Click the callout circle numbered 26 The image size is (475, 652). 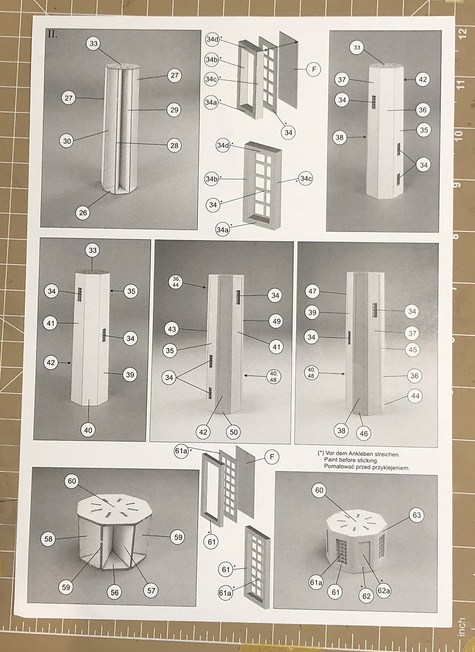click(x=83, y=213)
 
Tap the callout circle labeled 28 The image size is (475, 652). click(x=174, y=145)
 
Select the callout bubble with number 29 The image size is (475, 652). click(x=174, y=110)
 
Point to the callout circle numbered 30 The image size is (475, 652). click(x=67, y=141)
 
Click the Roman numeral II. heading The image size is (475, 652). click(x=53, y=34)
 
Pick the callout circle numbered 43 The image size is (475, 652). click(x=172, y=329)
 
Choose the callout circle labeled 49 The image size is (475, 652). click(x=276, y=321)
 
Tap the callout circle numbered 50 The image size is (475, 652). click(x=234, y=432)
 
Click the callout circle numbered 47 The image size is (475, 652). click(x=312, y=291)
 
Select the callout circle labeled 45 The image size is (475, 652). click(x=412, y=350)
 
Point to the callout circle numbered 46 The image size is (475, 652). click(x=364, y=434)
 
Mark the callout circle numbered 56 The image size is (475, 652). click(x=114, y=593)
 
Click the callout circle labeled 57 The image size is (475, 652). click(x=151, y=591)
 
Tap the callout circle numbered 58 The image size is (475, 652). click(x=48, y=539)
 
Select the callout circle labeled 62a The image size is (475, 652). click(x=384, y=591)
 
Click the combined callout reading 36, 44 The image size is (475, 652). click(x=176, y=282)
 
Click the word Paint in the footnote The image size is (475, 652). click(x=331, y=460)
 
